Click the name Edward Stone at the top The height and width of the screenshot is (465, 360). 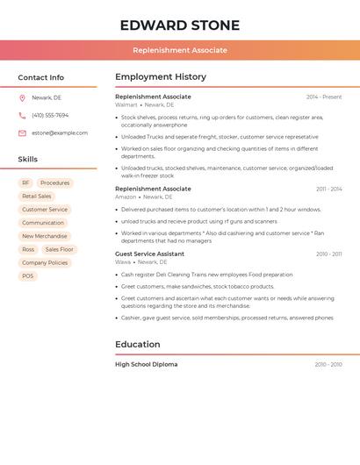[179, 25]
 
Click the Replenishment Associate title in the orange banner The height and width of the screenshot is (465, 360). [180, 50]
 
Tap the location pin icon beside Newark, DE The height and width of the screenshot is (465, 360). [22, 97]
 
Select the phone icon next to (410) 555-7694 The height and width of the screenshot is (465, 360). [22, 115]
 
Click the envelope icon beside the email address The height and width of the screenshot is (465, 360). [22, 132]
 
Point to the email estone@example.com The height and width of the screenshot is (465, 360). [60, 132]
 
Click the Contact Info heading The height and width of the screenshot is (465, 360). [40, 77]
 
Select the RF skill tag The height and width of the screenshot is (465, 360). [25, 182]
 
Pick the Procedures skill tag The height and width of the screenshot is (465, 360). [54, 182]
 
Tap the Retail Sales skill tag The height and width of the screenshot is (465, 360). [37, 197]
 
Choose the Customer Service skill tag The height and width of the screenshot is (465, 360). [44, 210]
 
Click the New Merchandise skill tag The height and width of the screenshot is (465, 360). [44, 236]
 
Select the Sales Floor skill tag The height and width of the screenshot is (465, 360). [60, 249]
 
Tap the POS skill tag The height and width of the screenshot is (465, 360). [27, 275]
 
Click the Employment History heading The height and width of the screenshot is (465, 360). [161, 77]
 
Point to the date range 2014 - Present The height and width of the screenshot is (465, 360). [324, 97]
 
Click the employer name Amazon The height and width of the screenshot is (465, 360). [126, 197]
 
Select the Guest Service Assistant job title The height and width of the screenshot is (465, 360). [149, 254]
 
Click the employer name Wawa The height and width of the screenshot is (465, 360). [123, 261]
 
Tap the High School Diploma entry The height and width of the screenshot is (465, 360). [146, 364]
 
